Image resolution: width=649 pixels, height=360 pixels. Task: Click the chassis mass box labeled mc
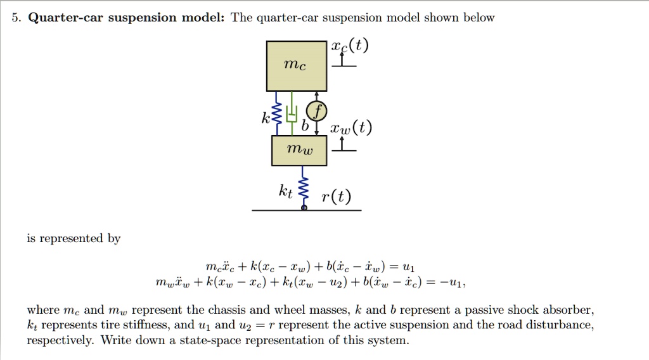297,66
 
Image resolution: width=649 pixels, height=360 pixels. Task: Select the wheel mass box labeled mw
300,150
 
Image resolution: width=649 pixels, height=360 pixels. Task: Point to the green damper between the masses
292,114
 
